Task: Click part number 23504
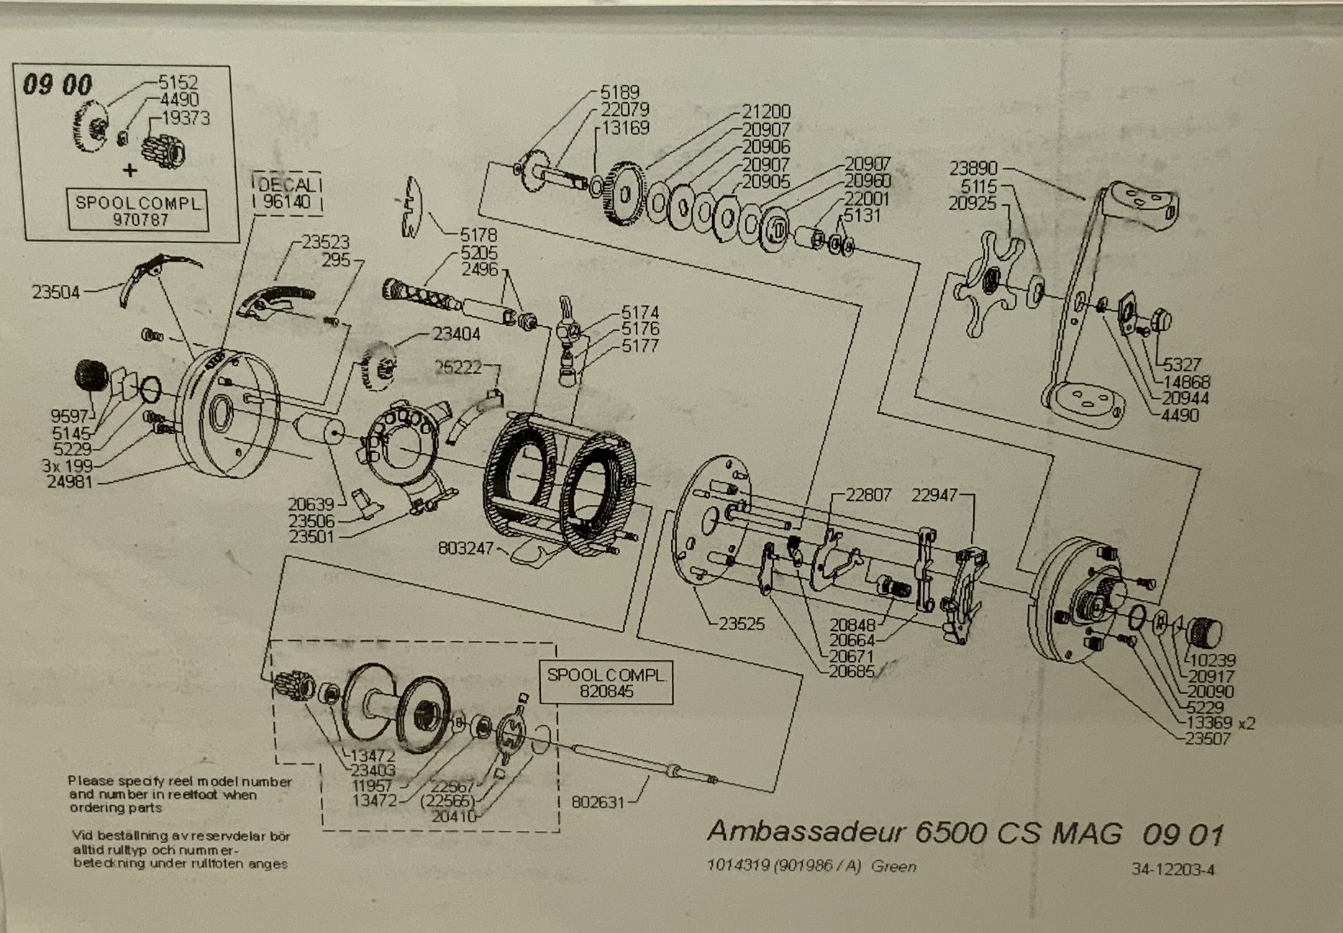(55, 293)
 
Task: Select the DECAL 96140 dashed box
(287, 193)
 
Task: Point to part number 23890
(973, 168)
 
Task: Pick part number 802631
(598, 801)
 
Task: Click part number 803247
(465, 549)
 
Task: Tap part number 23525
(742, 624)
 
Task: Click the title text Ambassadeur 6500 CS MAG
(914, 833)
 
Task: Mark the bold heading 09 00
(58, 85)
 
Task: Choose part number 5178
(478, 235)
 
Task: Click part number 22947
(934, 496)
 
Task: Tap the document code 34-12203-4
(1173, 870)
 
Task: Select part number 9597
(69, 417)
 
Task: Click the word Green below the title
(893, 867)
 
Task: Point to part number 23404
(456, 334)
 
